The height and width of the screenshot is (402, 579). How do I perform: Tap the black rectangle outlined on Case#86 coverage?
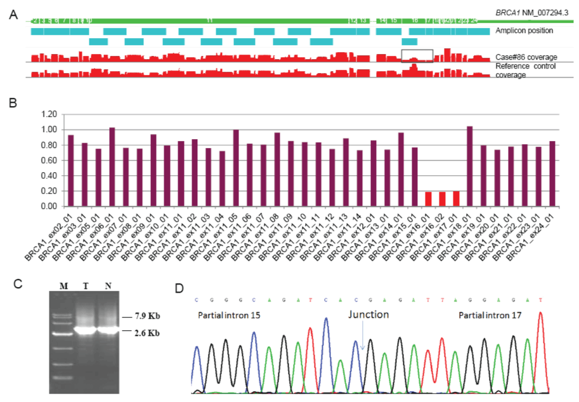[x=417, y=55]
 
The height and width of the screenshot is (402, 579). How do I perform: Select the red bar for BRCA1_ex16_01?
[x=429, y=199]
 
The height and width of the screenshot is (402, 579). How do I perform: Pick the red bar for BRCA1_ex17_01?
[x=457, y=199]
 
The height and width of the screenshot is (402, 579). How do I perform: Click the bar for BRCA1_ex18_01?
[x=470, y=166]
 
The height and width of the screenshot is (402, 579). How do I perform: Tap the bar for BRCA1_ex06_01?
[x=112, y=167]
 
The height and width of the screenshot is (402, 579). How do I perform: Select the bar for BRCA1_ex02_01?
[x=71, y=171]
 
